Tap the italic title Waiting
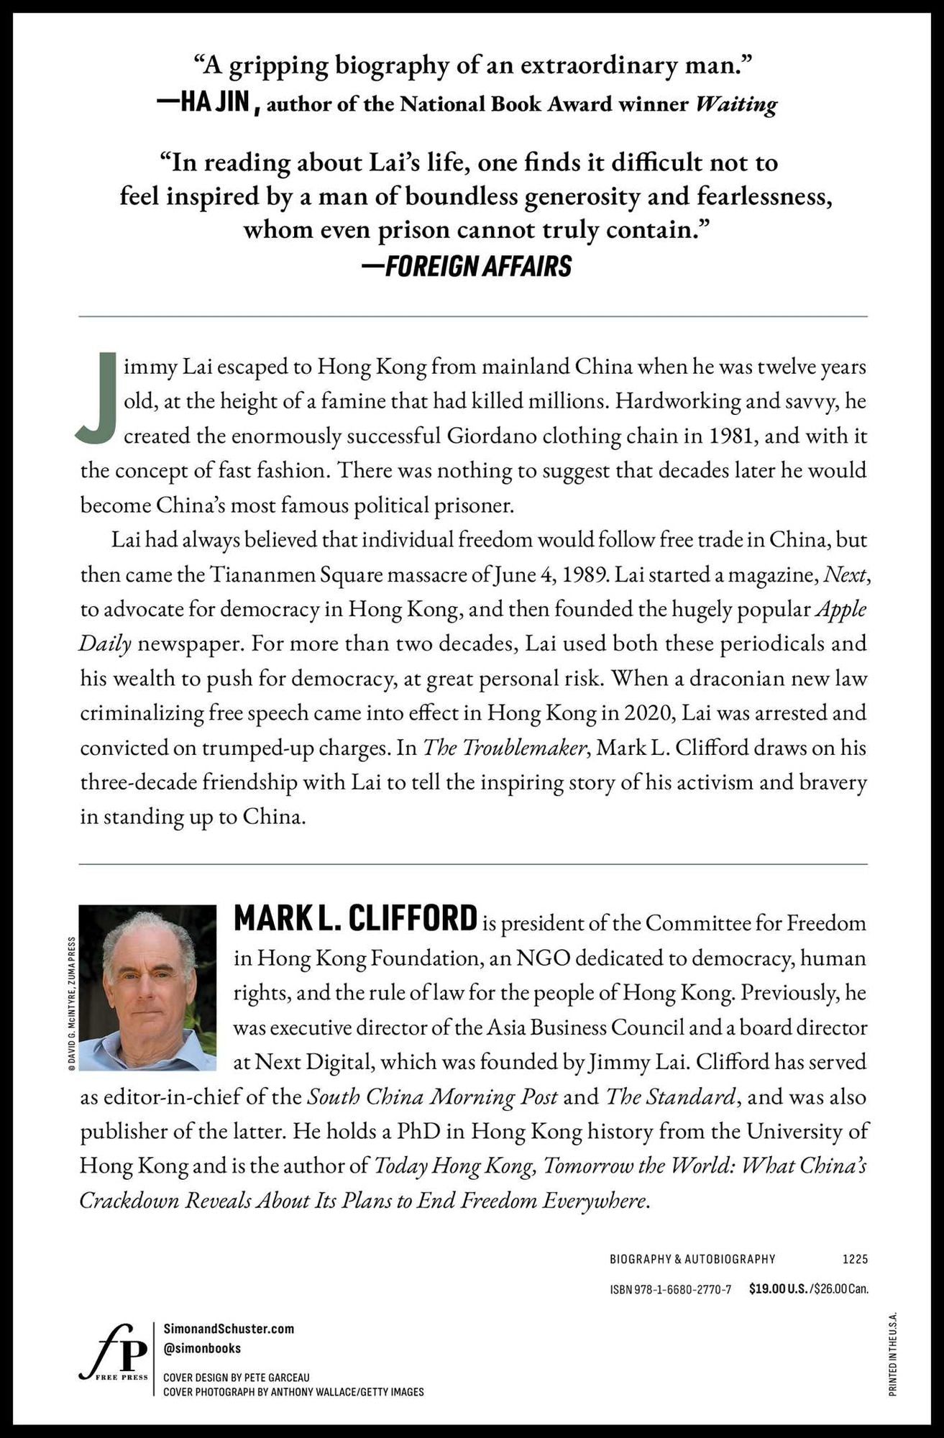coord(736,104)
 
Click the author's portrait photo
coord(147,987)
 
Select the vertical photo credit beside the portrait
coord(71,1004)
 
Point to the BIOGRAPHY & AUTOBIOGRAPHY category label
coord(692,1259)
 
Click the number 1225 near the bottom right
coord(855,1259)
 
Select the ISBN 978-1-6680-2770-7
coord(670,1289)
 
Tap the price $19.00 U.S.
coord(778,1289)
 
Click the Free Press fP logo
coord(113,1352)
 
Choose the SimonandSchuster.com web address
coord(229,1329)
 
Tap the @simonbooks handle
coord(202,1348)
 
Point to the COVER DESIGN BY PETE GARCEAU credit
coord(237,1378)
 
